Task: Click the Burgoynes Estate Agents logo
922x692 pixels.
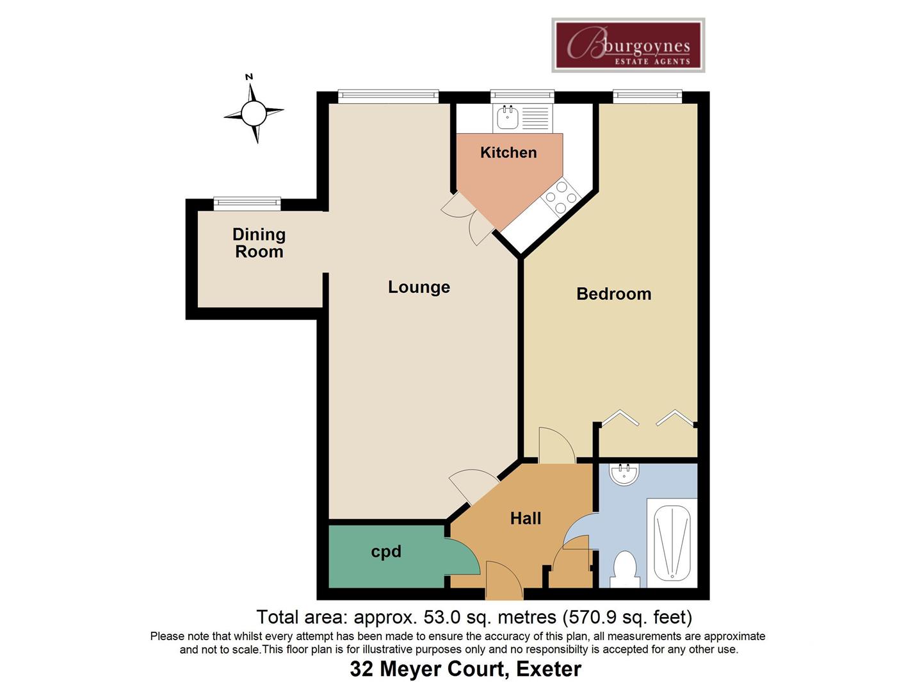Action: coord(628,45)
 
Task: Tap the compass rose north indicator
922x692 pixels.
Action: coord(253,113)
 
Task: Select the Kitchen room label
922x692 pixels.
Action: coord(508,152)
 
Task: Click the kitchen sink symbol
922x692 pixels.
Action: coord(508,118)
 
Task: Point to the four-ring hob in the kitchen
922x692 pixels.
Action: coord(560,197)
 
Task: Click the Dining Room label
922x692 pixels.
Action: coord(259,243)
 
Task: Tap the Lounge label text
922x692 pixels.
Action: coord(419,287)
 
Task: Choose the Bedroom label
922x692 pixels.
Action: coord(613,294)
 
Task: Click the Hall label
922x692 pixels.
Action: coord(525,518)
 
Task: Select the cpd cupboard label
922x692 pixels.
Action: coord(386,552)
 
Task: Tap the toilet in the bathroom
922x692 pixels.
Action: coord(624,569)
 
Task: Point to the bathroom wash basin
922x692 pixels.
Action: coord(624,475)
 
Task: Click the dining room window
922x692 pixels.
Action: coord(247,204)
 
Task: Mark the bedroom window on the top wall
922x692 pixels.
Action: coord(647,97)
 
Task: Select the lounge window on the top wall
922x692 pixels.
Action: coord(388,97)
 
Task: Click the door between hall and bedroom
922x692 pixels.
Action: coord(556,445)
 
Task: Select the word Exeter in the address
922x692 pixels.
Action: coord(549,669)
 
